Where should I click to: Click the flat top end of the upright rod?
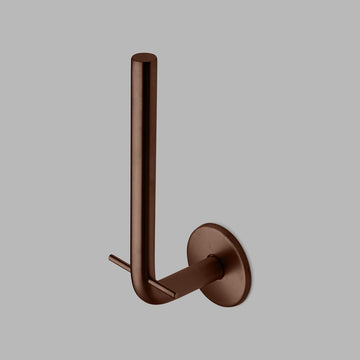(143, 57)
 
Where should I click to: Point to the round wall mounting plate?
(223, 261)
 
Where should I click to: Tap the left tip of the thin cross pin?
(111, 258)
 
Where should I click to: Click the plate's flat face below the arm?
(222, 288)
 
